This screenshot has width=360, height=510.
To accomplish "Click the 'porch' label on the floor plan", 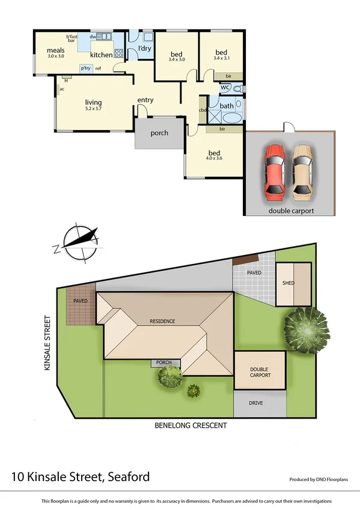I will [x=159, y=133].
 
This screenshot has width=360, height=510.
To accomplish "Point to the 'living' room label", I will [x=93, y=102].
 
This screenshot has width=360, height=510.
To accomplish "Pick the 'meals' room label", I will [x=56, y=50].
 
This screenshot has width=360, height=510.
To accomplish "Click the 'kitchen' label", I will [x=101, y=55].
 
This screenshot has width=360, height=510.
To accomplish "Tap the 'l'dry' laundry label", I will [x=144, y=48].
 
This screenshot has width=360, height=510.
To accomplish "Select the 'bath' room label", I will [x=227, y=106].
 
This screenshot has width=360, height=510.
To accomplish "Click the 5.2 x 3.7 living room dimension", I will [x=93, y=109].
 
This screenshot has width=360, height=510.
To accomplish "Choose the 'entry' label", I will [x=145, y=100].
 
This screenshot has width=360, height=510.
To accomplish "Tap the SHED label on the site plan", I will [x=288, y=283].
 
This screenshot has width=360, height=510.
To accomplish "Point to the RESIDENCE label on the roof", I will [x=163, y=321].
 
